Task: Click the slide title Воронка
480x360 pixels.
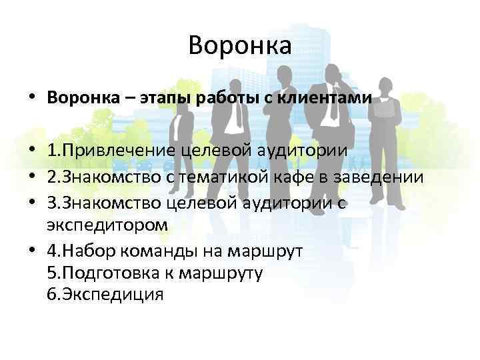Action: click(240, 45)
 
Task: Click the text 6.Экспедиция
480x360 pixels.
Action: click(105, 294)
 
